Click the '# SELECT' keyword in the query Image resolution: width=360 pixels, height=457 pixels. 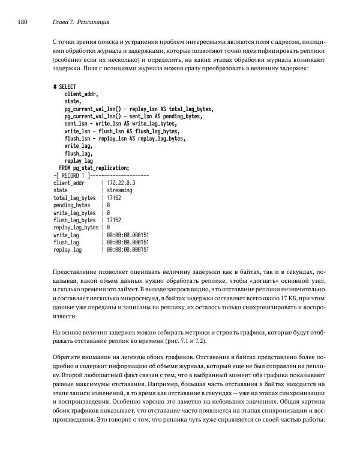(65, 88)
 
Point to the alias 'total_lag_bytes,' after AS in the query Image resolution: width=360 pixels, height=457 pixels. (190, 109)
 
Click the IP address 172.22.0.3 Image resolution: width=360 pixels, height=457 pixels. (121, 183)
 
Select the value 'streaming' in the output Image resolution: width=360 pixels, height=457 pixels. (119, 190)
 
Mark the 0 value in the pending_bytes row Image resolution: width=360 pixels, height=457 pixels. (108, 205)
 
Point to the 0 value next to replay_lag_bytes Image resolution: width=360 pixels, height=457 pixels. (108, 228)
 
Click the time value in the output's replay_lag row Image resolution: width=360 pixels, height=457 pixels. (127, 249)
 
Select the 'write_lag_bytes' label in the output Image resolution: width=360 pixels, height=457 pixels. (74, 213)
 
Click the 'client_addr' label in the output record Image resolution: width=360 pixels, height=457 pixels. (69, 183)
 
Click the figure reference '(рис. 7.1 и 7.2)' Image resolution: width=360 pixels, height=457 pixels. (185, 340)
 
